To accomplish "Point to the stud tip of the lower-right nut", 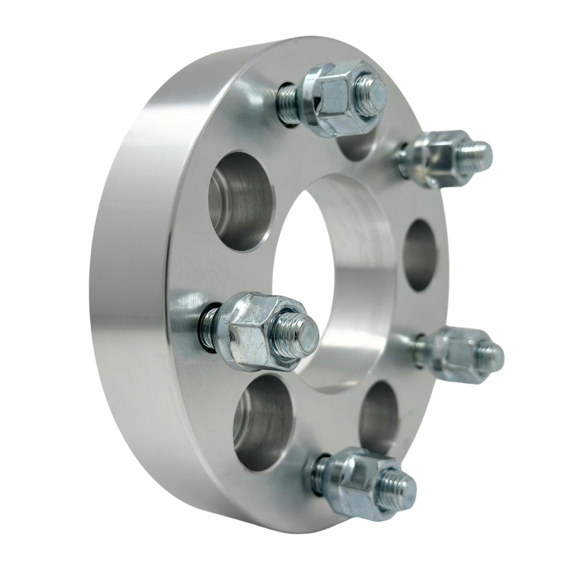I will click(491, 352).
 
